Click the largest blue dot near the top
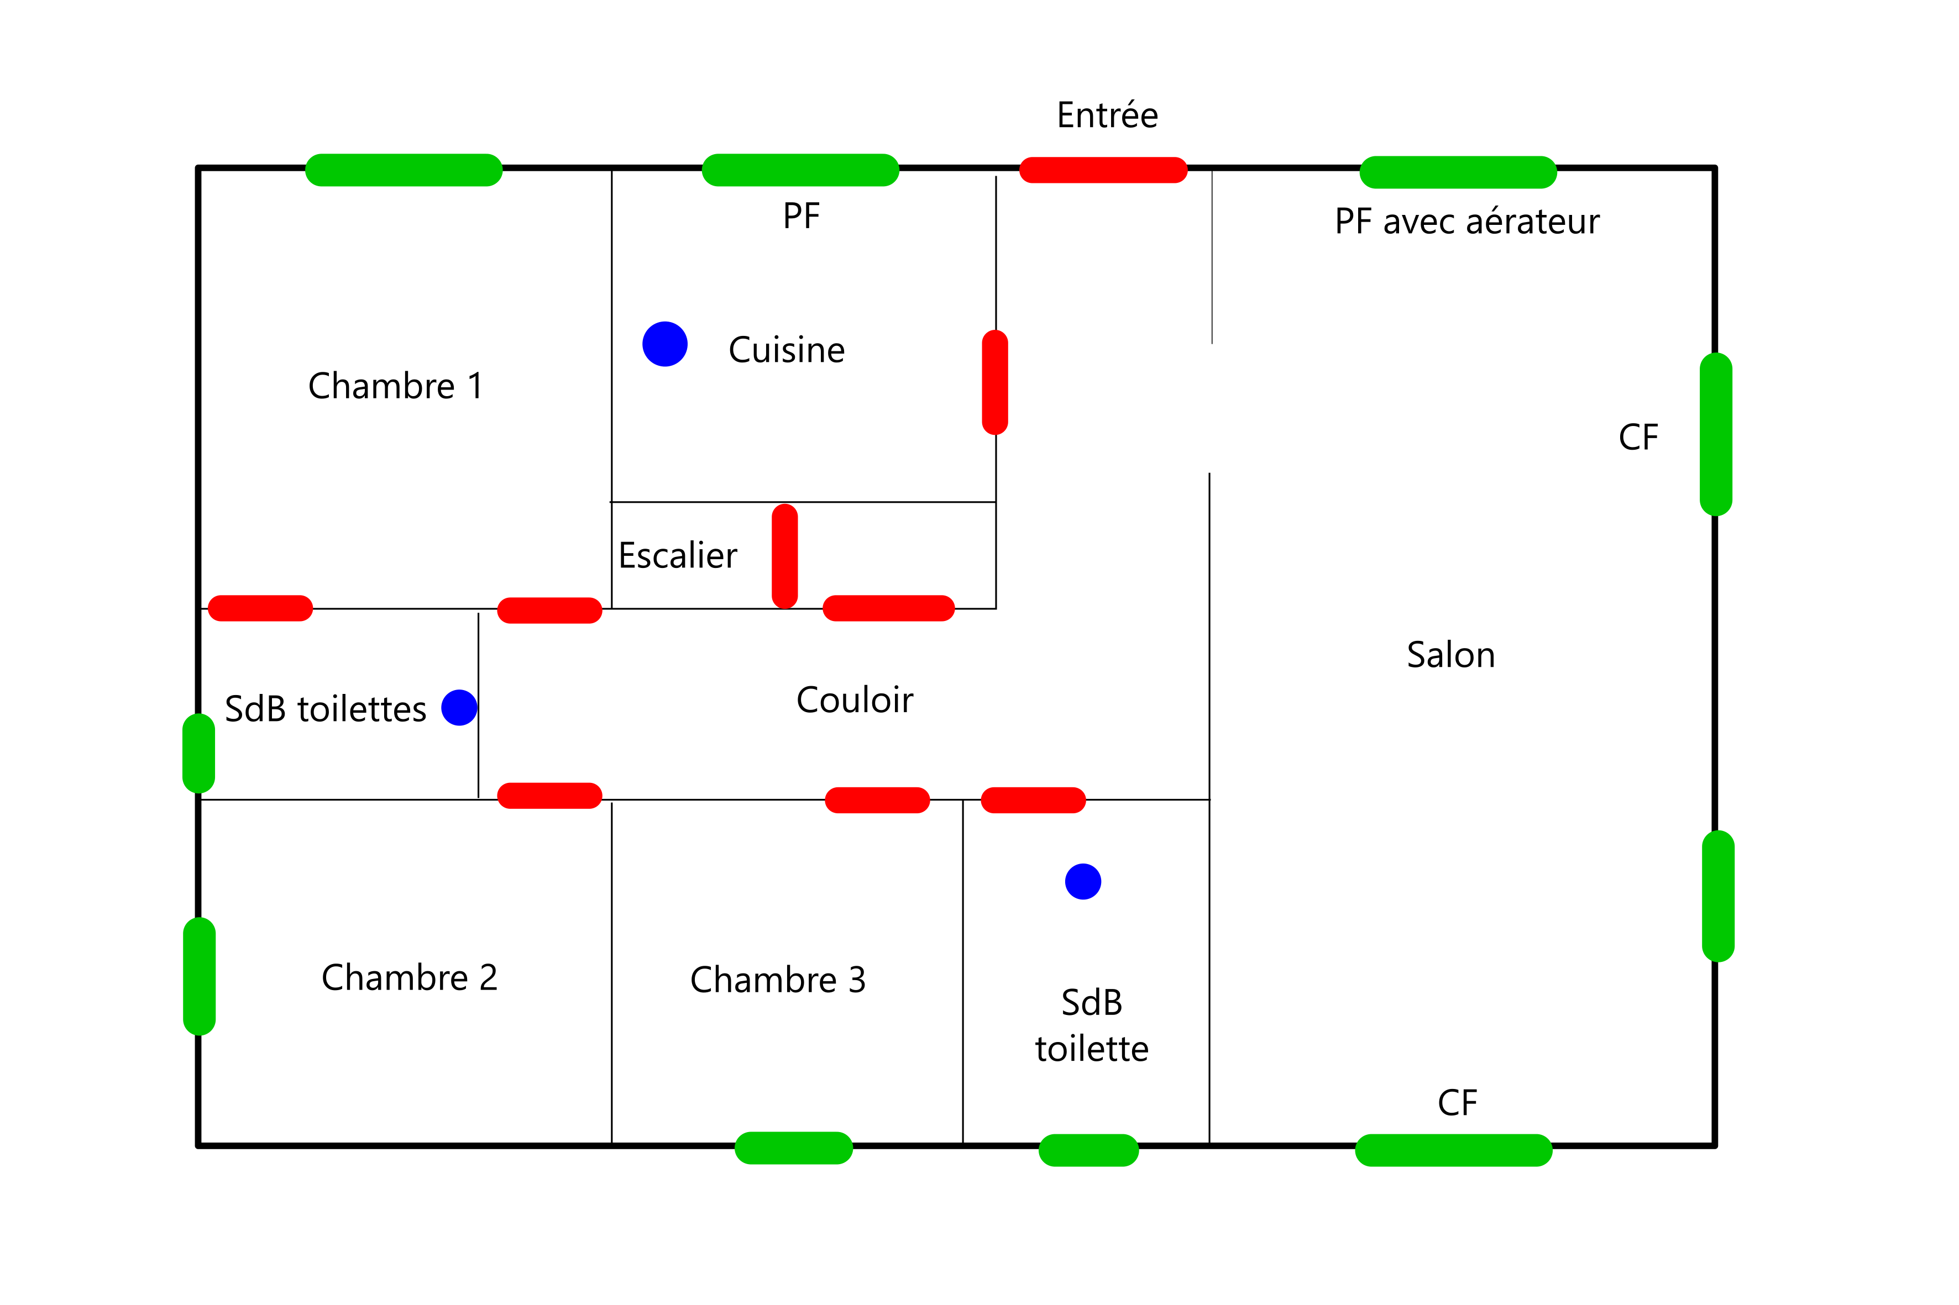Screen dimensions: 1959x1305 pos(664,344)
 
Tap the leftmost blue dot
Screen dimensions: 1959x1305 pos(459,707)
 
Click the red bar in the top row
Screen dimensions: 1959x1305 pos(1103,170)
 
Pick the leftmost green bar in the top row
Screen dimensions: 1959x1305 pos(404,170)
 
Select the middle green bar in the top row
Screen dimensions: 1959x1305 pos(800,170)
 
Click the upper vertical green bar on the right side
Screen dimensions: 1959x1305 pos(1716,434)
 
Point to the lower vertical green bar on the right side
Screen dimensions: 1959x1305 pos(1719,896)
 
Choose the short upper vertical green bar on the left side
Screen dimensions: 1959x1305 pos(198,753)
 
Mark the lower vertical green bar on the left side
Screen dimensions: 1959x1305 pos(199,976)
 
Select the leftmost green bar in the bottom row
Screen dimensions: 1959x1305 pos(793,1148)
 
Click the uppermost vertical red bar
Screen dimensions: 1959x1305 pos(995,382)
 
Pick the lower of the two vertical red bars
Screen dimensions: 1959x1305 pos(784,556)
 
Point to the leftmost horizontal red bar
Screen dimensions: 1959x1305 pos(260,608)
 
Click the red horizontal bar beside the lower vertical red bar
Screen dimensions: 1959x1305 pos(888,608)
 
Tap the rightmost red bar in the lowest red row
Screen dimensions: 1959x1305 pos(1033,800)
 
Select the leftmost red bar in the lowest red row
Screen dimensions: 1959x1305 pos(549,795)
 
